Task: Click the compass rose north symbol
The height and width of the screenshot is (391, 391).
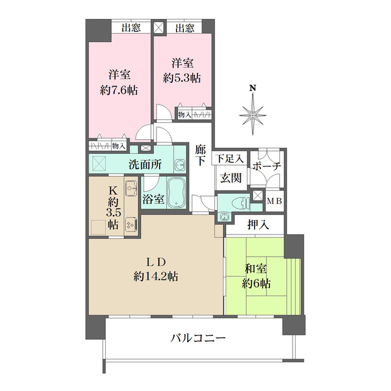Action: tap(252, 112)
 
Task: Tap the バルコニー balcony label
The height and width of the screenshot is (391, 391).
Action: tap(198, 337)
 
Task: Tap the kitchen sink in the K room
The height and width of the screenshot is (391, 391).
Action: tap(131, 189)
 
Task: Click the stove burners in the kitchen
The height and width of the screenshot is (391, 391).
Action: tap(130, 224)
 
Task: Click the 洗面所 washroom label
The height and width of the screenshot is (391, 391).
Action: tap(145, 164)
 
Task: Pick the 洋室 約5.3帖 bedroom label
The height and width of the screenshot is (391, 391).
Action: tap(182, 71)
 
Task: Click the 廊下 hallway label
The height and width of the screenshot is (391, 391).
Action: tap(200, 155)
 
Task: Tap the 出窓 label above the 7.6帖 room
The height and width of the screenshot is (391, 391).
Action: tap(131, 27)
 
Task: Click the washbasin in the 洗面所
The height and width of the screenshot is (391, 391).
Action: tap(180, 164)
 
